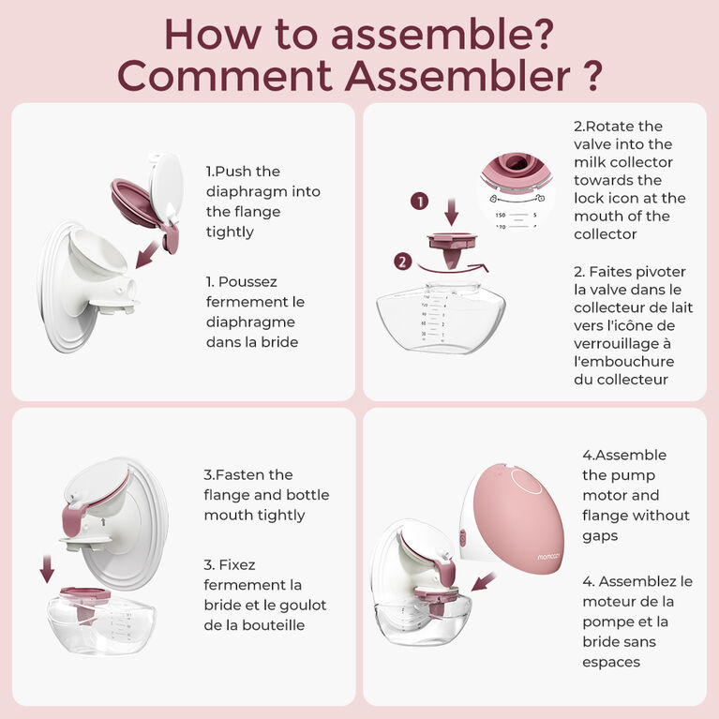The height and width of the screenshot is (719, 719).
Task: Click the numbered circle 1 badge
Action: click(x=420, y=201)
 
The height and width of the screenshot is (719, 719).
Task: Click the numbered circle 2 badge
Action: click(x=402, y=262)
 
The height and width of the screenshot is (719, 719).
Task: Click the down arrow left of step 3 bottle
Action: click(x=48, y=567)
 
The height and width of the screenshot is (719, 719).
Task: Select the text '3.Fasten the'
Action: click(x=247, y=474)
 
